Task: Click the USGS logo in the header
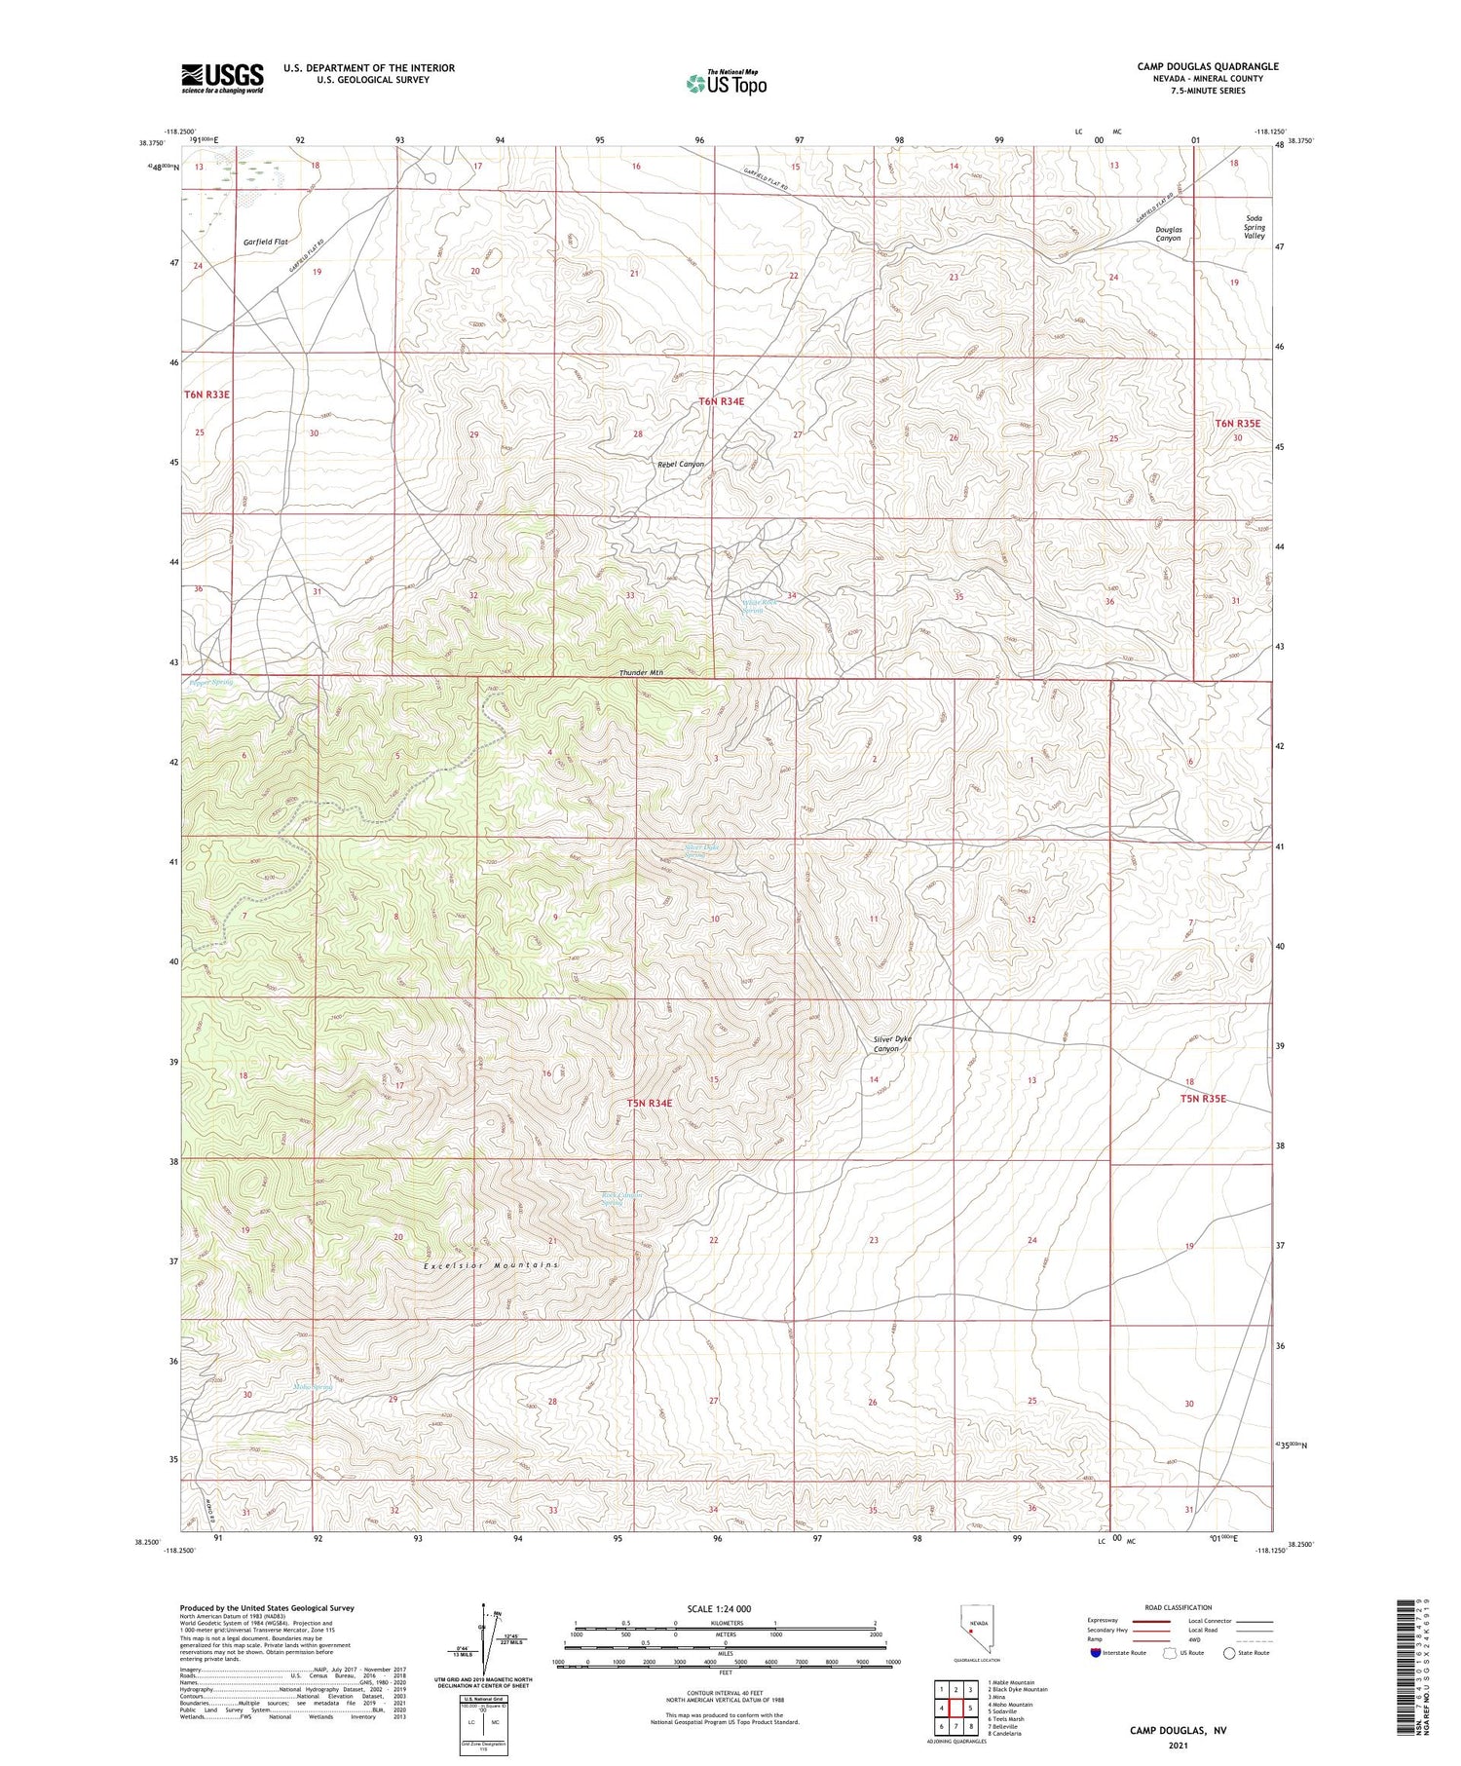pos(222,78)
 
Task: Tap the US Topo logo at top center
pos(726,83)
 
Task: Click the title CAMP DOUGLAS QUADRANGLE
pos(1207,66)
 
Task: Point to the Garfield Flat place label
pos(265,242)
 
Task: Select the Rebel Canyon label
pos(680,465)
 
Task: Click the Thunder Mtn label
pos(641,673)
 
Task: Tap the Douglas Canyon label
pos(1168,234)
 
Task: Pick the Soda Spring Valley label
pos(1254,227)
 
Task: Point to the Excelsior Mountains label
pos(491,1265)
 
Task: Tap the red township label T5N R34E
pos(650,1103)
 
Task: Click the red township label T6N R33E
pos(206,395)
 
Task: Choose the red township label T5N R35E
pos(1203,1099)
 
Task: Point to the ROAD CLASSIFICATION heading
pos(1179,1607)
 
